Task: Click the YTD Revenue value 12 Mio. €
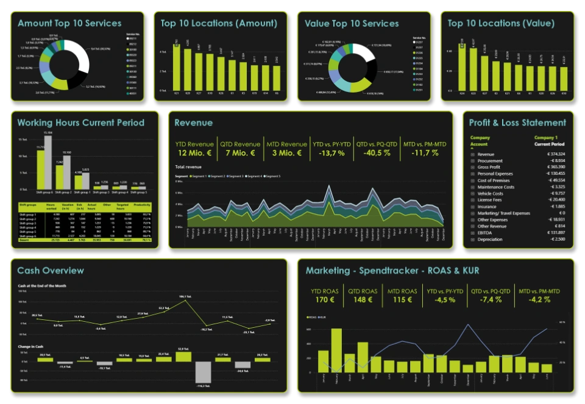tap(194, 153)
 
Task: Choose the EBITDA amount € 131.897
tap(552, 233)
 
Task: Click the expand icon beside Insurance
tap(472, 207)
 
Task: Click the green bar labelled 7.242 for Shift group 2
tap(60, 177)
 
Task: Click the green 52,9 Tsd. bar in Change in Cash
tap(183, 356)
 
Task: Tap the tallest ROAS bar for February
tap(336, 350)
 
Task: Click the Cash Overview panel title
tap(51, 271)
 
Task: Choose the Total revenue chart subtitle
tap(188, 166)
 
